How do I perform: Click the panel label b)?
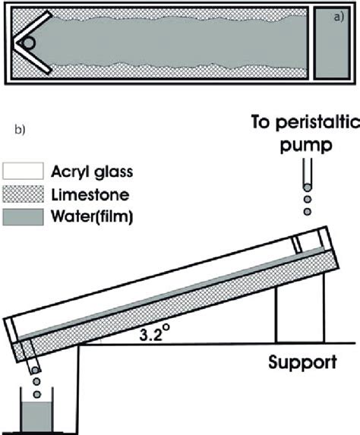(21, 130)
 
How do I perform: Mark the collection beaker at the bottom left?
(36, 414)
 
